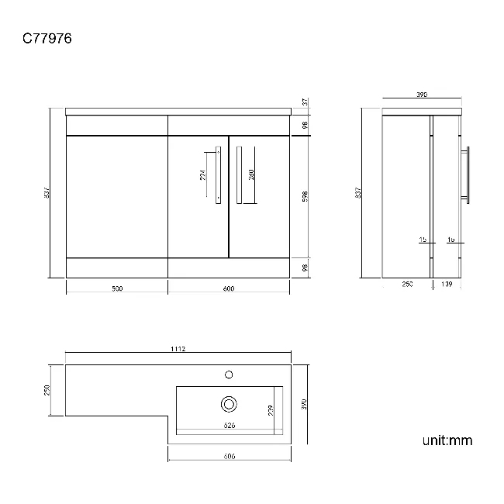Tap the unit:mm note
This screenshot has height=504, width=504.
[447, 440]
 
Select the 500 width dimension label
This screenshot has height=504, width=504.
[116, 289]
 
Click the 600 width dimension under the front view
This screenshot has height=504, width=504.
[229, 289]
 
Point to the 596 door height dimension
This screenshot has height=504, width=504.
[306, 196]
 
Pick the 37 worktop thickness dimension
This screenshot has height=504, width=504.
[306, 102]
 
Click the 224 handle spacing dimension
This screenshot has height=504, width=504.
[202, 174]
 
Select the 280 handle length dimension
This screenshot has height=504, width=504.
[251, 174]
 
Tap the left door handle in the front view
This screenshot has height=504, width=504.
[218, 174]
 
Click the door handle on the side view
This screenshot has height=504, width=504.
[467, 174]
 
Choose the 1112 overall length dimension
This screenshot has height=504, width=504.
[178, 350]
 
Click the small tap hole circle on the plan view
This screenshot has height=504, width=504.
[229, 375]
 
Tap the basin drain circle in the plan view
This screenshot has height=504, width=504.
[229, 404]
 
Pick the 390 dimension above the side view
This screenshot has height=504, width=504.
[422, 95]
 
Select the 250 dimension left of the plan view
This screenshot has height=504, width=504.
[47, 390]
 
